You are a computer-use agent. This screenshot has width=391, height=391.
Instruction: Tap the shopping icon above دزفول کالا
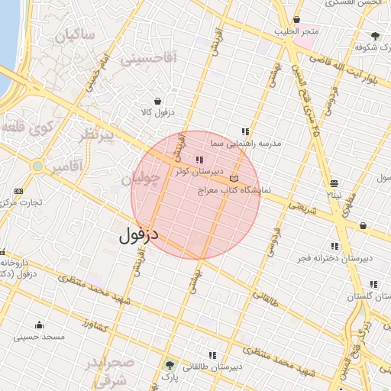(x=157, y=101)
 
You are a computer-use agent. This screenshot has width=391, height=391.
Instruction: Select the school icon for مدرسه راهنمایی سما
(x=245, y=131)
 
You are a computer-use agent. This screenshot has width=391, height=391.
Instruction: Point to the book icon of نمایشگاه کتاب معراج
(x=234, y=179)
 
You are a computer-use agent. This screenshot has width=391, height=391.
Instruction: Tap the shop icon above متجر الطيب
(x=296, y=20)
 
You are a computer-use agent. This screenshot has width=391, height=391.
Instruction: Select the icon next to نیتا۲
(x=334, y=183)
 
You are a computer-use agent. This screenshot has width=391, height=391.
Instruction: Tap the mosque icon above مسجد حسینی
(x=39, y=325)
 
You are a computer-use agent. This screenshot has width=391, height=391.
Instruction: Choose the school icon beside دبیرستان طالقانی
(x=212, y=355)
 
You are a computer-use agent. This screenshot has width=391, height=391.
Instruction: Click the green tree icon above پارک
(x=169, y=366)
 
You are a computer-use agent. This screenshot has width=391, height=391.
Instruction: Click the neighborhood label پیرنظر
(x=98, y=136)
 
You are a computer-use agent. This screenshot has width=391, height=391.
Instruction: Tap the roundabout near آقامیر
(x=37, y=166)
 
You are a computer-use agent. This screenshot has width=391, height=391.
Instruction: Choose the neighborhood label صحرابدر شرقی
(x=111, y=370)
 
